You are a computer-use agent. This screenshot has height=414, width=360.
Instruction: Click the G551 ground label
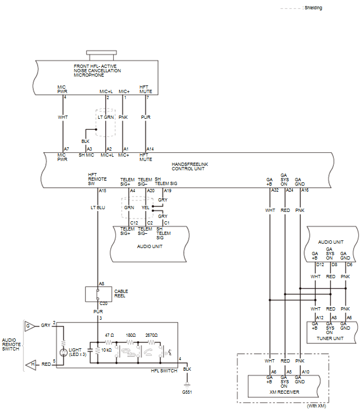click(x=187, y=392)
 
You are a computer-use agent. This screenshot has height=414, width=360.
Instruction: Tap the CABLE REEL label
click(x=121, y=294)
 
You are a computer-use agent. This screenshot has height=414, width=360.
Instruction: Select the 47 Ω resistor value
click(x=109, y=335)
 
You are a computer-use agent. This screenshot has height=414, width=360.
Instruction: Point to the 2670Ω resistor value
click(x=152, y=335)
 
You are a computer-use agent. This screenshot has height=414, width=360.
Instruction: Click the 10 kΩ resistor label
click(x=106, y=350)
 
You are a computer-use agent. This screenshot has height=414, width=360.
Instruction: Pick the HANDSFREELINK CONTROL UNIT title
click(x=190, y=166)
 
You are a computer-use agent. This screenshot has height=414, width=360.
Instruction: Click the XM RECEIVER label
click(x=284, y=392)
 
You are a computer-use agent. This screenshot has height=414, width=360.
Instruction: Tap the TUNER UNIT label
click(x=330, y=338)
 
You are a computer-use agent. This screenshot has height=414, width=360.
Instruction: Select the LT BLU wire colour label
click(x=98, y=208)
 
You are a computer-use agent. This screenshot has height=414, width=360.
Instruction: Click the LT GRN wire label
click(x=106, y=117)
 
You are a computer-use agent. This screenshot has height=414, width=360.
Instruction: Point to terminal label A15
click(x=103, y=191)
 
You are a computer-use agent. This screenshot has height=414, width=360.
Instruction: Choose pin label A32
click(x=275, y=190)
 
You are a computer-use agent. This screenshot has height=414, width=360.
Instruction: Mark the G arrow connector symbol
click(x=30, y=326)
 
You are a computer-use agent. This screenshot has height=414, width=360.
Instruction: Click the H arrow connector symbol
click(x=31, y=365)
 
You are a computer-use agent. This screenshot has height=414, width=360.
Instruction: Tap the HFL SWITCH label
click(x=164, y=371)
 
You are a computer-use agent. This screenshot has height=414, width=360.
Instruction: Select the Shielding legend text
click(x=313, y=8)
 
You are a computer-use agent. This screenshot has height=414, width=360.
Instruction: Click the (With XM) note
click(x=316, y=406)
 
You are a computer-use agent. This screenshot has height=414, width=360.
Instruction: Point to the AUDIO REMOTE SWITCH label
click(x=11, y=344)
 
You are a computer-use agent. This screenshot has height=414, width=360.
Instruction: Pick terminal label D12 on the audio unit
click(x=320, y=264)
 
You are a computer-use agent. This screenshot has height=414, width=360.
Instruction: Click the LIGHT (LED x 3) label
click(x=78, y=352)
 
